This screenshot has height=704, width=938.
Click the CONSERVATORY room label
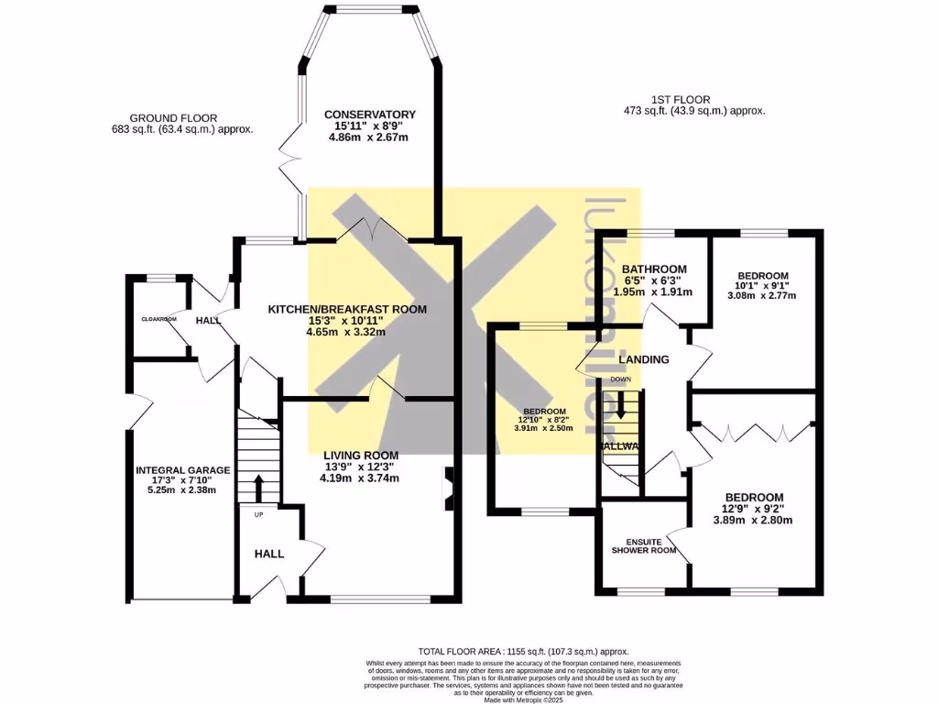point(370,114)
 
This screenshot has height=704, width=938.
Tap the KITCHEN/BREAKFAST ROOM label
point(346,309)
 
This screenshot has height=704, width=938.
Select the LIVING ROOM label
point(360,455)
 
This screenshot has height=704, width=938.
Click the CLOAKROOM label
point(158,319)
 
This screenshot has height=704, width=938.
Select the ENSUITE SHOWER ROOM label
point(644,546)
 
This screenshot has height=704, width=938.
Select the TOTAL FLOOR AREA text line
point(523,651)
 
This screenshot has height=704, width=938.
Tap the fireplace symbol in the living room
point(447,489)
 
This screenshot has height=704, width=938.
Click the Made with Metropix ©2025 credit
point(522,699)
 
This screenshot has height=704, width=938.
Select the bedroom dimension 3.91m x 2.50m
point(543,428)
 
